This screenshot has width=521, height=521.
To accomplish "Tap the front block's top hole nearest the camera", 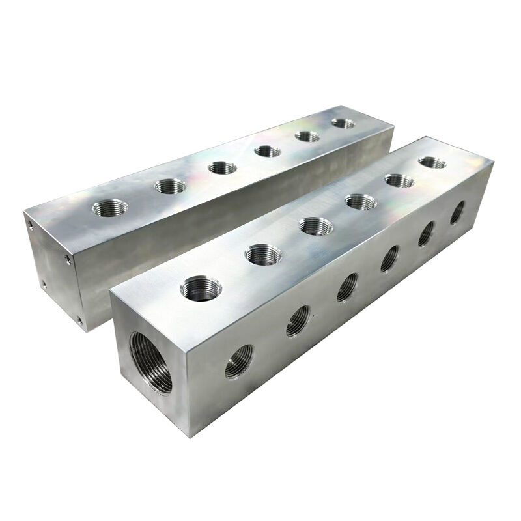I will (199, 287).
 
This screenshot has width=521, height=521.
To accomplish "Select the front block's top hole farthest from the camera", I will (432, 162).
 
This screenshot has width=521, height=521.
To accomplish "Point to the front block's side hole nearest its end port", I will (239, 360).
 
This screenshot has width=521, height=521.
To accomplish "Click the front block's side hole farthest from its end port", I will (458, 212).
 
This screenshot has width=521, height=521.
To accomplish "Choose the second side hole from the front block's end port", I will (298, 320).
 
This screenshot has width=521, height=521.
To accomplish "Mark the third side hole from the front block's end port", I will (347, 287).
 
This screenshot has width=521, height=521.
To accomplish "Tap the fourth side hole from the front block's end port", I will (389, 259).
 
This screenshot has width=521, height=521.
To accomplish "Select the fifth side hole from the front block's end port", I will (427, 233).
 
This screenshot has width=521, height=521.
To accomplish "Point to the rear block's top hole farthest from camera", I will (343, 122).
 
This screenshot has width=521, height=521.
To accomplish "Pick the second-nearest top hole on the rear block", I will (169, 187).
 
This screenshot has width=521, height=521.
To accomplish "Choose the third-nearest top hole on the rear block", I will (222, 167).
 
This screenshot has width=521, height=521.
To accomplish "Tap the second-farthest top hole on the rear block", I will (307, 136).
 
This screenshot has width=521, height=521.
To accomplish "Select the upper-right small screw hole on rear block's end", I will (68, 259).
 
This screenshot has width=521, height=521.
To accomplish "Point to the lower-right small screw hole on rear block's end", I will (78, 320).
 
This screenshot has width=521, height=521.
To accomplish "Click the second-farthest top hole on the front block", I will (399, 180).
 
